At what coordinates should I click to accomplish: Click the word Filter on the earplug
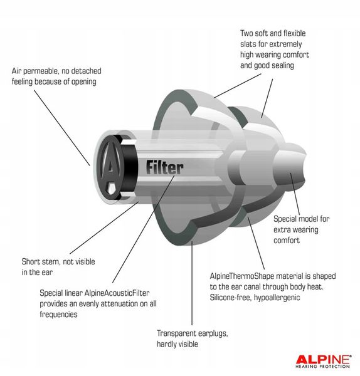(x=164, y=167)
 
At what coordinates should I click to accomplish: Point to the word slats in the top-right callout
(x=251, y=44)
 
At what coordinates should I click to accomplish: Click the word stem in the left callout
(x=53, y=261)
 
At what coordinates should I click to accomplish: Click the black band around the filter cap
(x=127, y=166)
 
